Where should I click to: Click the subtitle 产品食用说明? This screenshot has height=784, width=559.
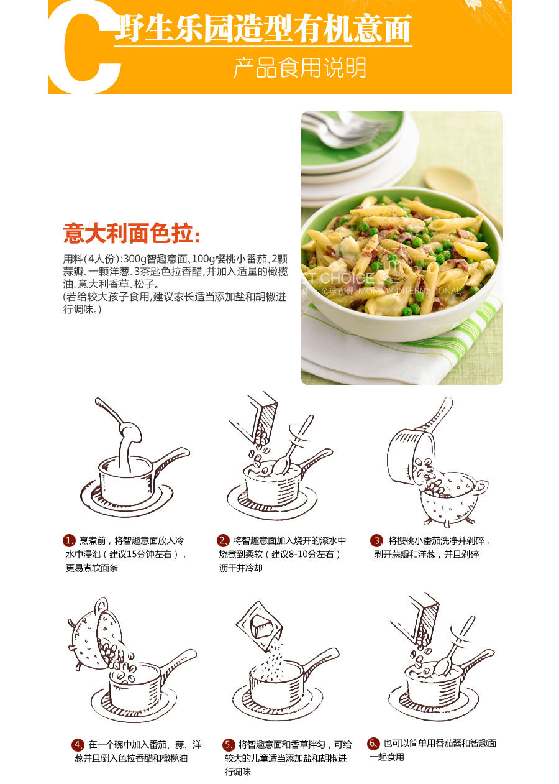(x=299, y=68)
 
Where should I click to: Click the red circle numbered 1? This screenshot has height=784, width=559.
(x=69, y=540)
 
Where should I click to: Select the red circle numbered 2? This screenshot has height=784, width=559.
(x=223, y=540)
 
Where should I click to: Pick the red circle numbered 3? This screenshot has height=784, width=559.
(x=376, y=540)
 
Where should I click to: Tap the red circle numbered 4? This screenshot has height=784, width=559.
(x=78, y=744)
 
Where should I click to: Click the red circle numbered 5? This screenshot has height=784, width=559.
(x=229, y=744)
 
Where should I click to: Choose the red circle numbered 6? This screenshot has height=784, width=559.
(x=373, y=743)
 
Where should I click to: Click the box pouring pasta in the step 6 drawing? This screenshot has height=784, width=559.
(x=423, y=616)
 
